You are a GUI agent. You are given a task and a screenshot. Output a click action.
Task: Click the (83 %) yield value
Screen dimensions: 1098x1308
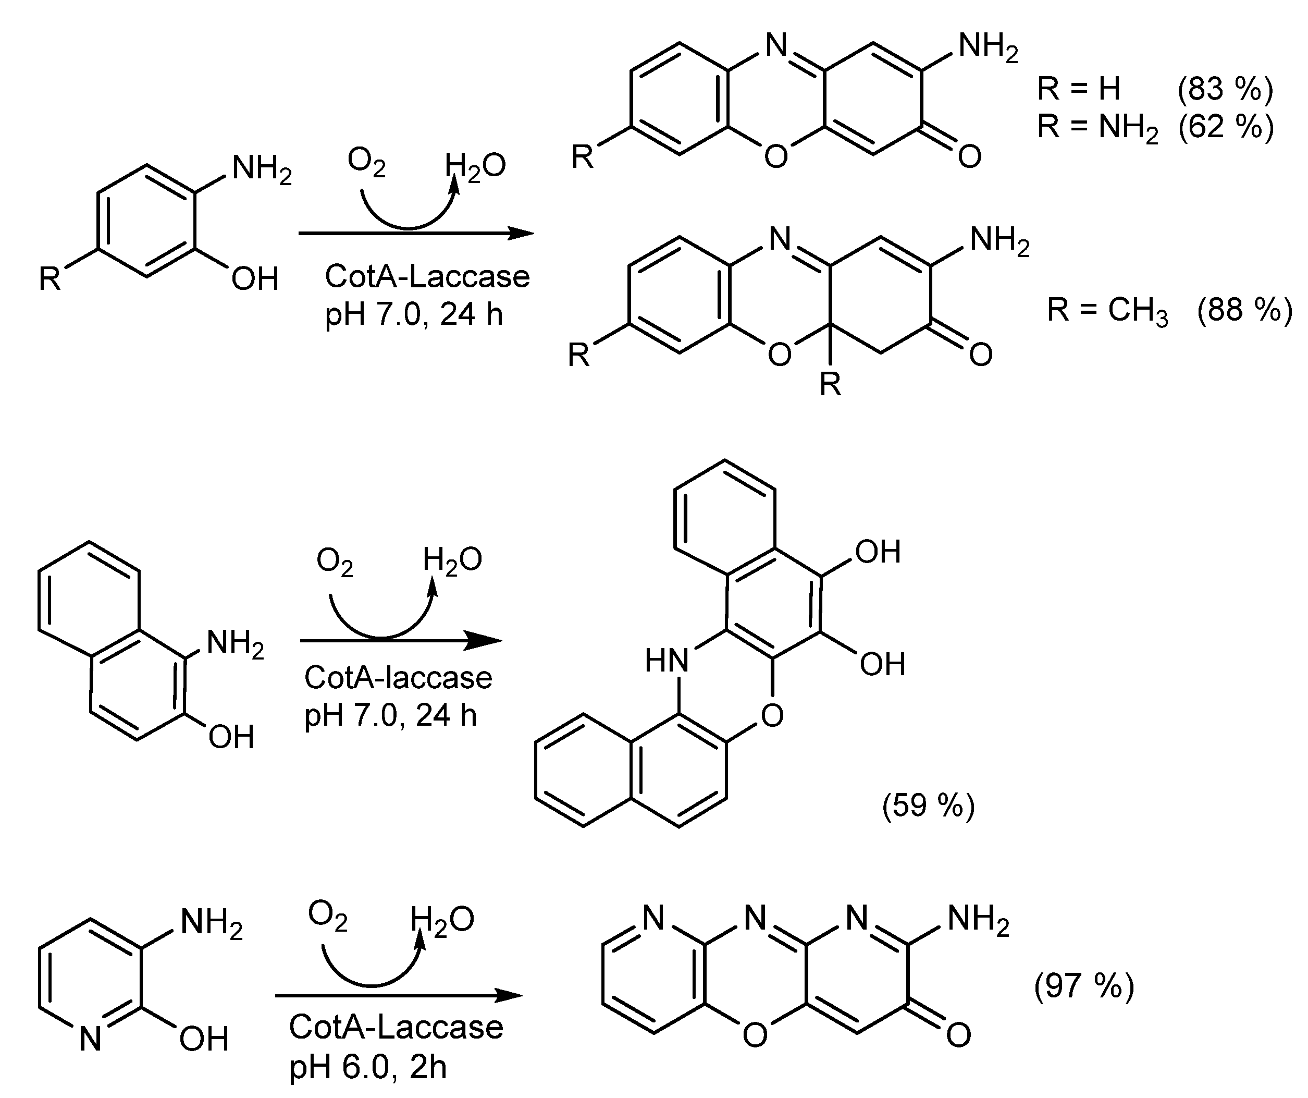coord(1225,90)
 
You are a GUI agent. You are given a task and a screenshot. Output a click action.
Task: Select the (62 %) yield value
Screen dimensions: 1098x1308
coord(1225,127)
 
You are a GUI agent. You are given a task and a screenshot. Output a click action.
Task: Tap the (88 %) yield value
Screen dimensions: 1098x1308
coord(1244,310)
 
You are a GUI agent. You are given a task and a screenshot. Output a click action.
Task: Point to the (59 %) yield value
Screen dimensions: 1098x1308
coord(928,805)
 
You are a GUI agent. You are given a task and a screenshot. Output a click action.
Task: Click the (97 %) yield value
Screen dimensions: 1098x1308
coord(1084,986)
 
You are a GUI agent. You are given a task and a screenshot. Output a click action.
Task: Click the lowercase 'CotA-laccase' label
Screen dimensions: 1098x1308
coord(398,677)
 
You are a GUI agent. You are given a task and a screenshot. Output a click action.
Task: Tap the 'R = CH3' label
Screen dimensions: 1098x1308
coord(1107,310)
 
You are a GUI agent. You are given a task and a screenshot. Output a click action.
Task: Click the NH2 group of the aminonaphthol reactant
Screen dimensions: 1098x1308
coord(236,643)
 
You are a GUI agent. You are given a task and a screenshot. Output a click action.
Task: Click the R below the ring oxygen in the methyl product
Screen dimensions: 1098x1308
coord(830,384)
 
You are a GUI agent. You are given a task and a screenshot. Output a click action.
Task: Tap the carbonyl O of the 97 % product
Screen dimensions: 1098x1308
coord(958,1035)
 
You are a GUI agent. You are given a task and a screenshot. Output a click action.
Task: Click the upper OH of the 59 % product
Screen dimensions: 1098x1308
coord(878,552)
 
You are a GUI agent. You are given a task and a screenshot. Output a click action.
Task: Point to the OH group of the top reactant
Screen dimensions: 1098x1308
coord(255,278)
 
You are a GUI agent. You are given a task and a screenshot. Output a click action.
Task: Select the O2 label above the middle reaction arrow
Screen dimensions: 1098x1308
coord(335,561)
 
